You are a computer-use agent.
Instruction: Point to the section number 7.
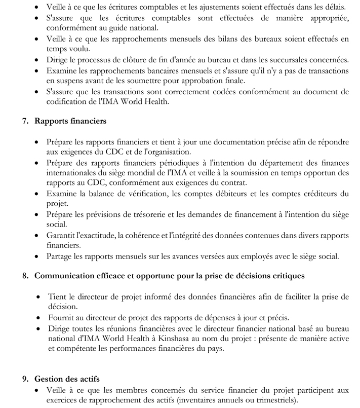click(x=25, y=121)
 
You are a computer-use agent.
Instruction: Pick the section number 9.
click(x=25, y=379)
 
